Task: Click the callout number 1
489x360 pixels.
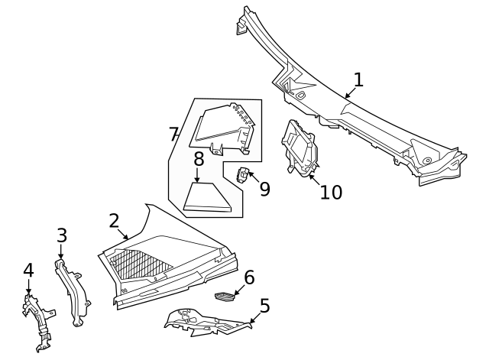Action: coord(358,79)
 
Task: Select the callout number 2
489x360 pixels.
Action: coord(114,221)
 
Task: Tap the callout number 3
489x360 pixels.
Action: coord(62,235)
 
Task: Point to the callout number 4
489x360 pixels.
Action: coord(28,270)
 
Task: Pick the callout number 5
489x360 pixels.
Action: coord(264,306)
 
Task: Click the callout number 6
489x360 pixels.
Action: coord(249,277)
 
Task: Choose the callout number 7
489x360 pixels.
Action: coord(173,135)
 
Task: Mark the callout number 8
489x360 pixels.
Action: coord(199,159)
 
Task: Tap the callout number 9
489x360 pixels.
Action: coord(265,189)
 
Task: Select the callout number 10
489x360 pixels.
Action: coord(331,192)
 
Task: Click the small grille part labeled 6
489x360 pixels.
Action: coord(224,296)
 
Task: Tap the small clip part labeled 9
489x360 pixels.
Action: coord(243,175)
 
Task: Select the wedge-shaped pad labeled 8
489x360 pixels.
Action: coord(207,198)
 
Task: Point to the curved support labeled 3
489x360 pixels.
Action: coord(73,292)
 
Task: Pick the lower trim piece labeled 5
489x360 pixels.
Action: coord(207,323)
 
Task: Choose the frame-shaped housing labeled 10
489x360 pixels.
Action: coord(300,148)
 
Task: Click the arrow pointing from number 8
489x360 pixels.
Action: coord(197,175)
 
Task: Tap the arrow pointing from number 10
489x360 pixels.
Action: coord(314,180)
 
